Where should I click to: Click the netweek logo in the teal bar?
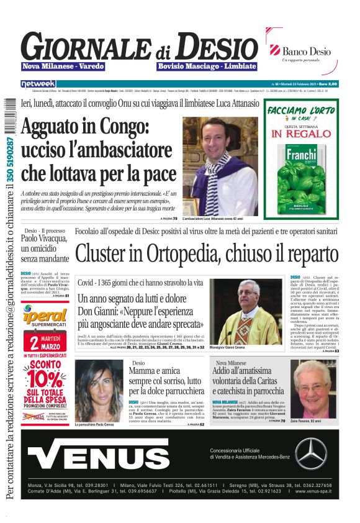(x=38, y=84)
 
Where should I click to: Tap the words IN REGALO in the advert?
(x=301, y=133)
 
